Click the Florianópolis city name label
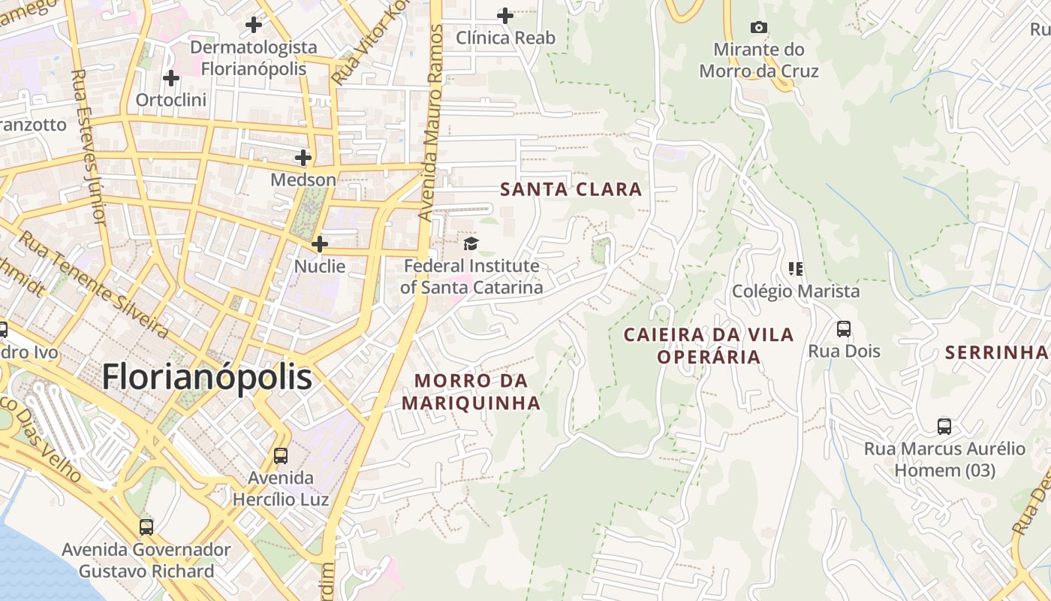pyautogui.click(x=206, y=376)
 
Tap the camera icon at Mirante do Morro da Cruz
pyautogui.click(x=759, y=28)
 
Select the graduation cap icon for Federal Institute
pyautogui.click(x=471, y=243)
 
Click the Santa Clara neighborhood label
pyautogui.click(x=571, y=189)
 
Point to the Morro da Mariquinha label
pyautogui.click(x=471, y=391)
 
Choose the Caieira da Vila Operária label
pyautogui.click(x=709, y=345)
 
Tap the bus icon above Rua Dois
pyautogui.click(x=844, y=329)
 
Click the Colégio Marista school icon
pyautogui.click(x=796, y=269)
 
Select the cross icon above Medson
pyautogui.click(x=303, y=158)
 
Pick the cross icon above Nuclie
pyautogui.click(x=320, y=244)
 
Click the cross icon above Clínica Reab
pyautogui.click(x=505, y=15)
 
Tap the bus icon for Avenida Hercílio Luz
pyautogui.click(x=281, y=455)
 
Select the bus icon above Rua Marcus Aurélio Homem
pyautogui.click(x=944, y=427)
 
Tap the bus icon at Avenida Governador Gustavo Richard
pyautogui.click(x=146, y=527)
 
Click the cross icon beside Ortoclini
pyautogui.click(x=171, y=78)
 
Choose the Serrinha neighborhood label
pyautogui.click(x=996, y=352)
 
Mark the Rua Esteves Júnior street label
pyautogui.click(x=88, y=147)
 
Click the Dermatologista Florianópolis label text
pyautogui.click(x=254, y=58)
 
